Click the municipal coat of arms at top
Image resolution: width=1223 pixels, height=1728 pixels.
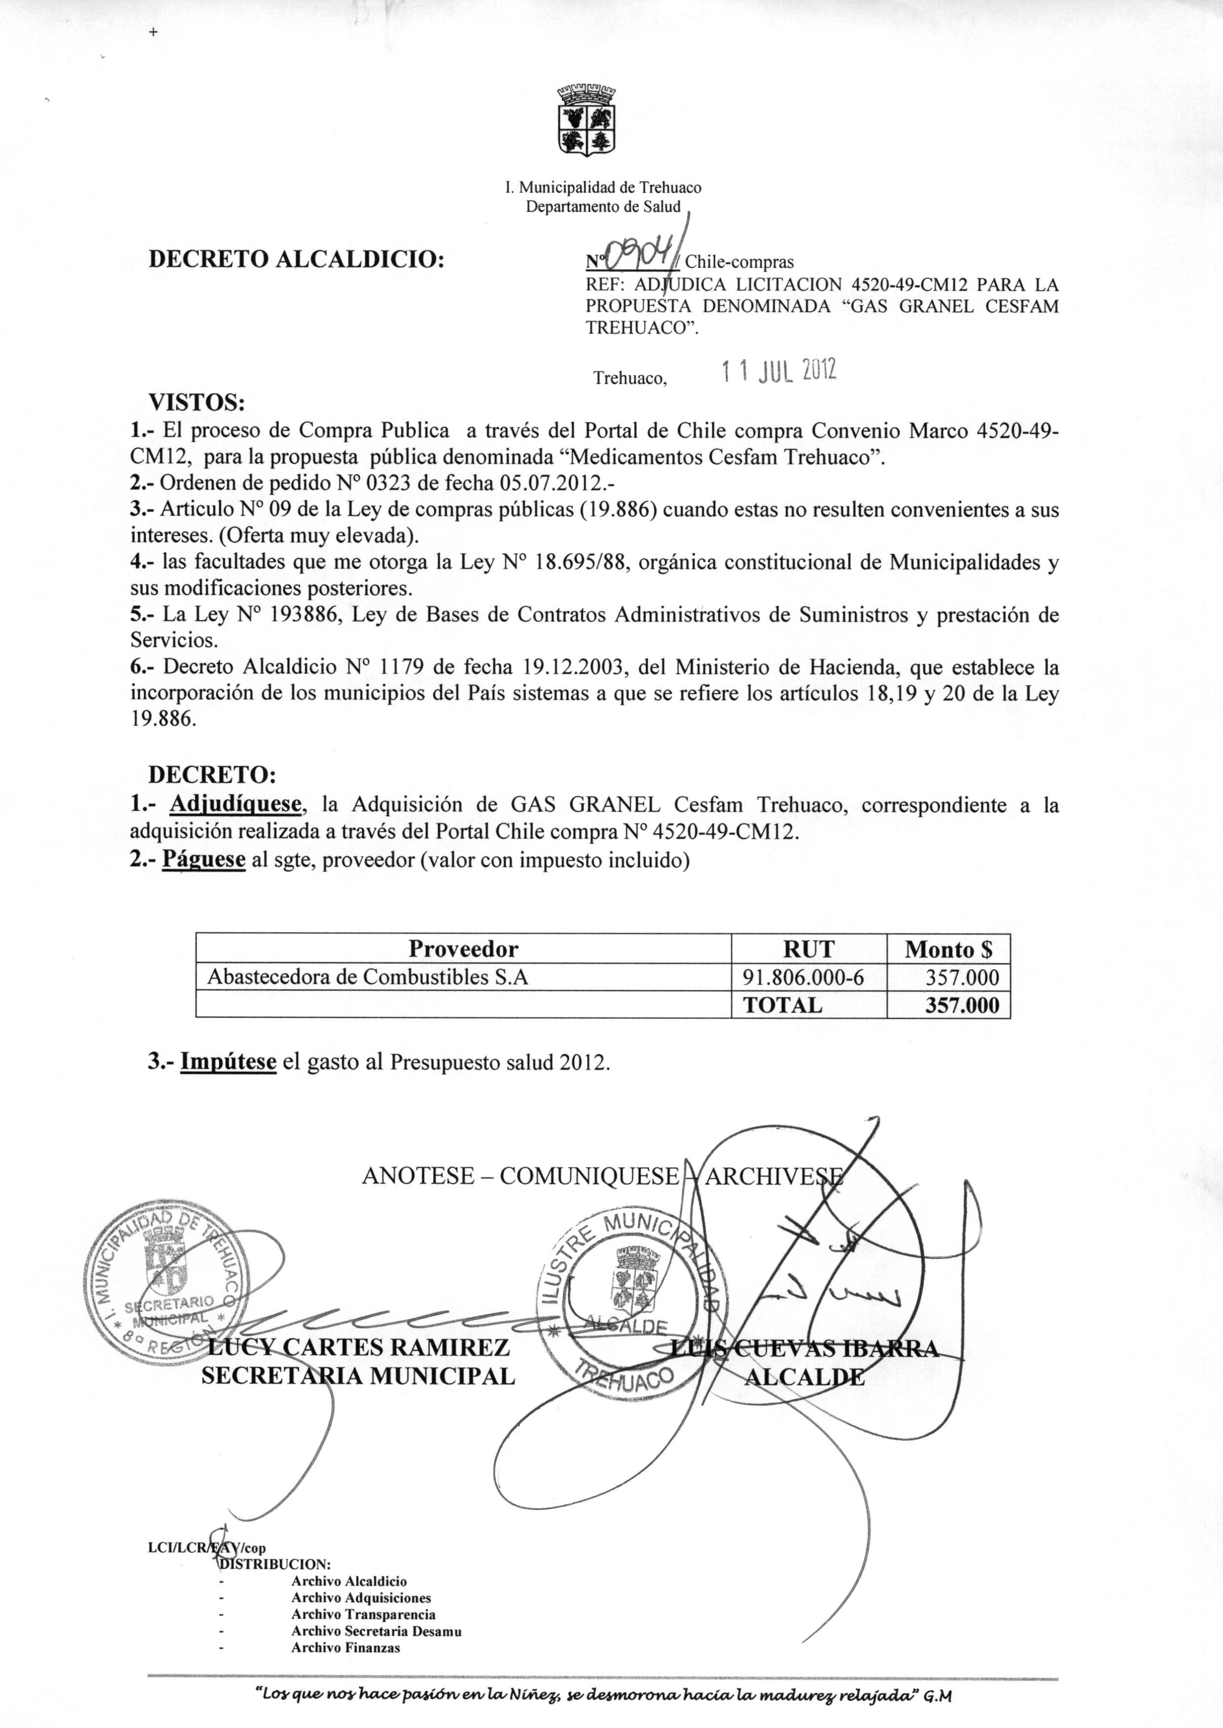pos(586,120)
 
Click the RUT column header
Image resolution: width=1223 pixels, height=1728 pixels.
pos(808,948)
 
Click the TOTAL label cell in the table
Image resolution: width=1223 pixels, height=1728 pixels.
pos(783,1005)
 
